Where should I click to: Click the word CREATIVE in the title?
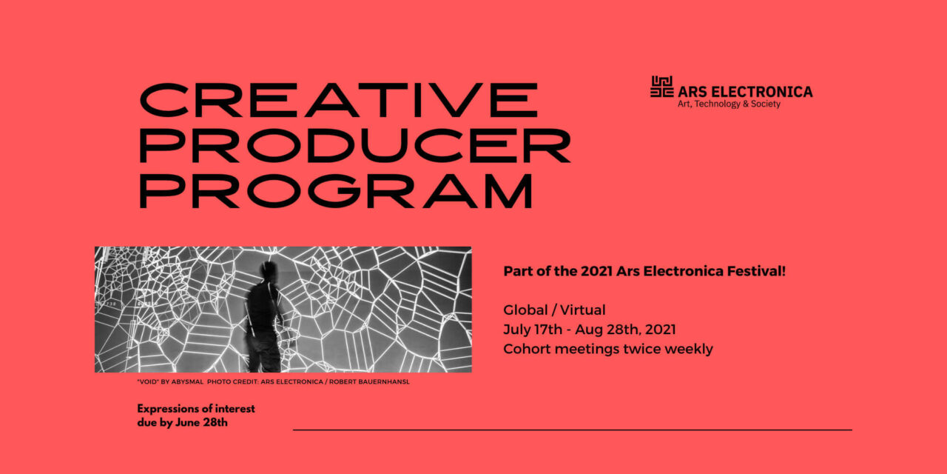[x=339, y=100]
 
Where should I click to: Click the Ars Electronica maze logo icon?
[x=662, y=87]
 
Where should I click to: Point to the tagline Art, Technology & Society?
[x=729, y=104]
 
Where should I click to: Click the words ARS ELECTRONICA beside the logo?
[x=745, y=92]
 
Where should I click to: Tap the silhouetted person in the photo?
[x=264, y=315]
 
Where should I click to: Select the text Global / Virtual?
[x=554, y=310]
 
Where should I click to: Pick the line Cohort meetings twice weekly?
[x=608, y=349]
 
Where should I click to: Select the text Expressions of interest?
[x=196, y=409]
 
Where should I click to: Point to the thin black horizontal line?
[x=572, y=430]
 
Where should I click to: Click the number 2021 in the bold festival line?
[x=596, y=271]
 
